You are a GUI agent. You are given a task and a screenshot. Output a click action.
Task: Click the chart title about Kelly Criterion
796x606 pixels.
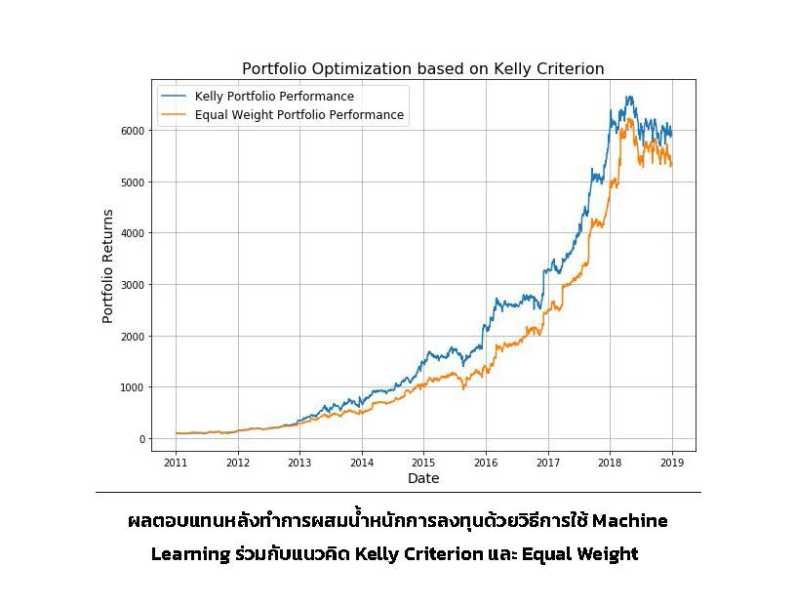[422, 68]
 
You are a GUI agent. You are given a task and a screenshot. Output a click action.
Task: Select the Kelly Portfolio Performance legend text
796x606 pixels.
[274, 97]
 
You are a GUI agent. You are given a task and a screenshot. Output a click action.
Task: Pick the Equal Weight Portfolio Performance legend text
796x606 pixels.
[298, 115]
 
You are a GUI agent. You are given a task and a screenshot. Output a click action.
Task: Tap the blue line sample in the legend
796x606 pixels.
[175, 97]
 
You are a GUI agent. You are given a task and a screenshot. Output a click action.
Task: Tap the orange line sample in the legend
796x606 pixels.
[175, 115]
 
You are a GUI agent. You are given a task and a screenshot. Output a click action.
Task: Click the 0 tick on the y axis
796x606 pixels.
[141, 439]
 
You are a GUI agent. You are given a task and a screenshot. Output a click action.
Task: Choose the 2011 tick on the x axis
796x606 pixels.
[176, 463]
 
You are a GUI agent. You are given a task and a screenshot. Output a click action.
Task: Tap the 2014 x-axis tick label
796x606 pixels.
[362, 463]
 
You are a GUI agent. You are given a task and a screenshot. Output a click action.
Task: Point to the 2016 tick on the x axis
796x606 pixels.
[486, 463]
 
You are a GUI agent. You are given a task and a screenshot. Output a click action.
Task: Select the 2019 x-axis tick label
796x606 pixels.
[672, 463]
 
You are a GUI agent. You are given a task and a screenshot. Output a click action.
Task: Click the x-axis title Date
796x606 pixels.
[423, 478]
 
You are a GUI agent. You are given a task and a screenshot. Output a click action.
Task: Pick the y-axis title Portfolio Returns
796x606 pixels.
[108, 265]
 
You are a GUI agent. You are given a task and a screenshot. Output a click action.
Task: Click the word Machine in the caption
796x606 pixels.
[629, 521]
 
